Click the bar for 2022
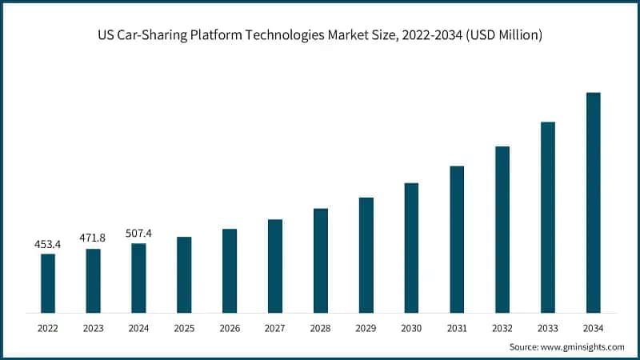tap(48, 283)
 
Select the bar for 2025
tap(184, 274)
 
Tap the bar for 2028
tap(321, 260)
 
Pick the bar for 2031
tap(457, 239)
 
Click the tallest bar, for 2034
tap(593, 202)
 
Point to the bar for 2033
tap(548, 217)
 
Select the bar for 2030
tap(411, 247)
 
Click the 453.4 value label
tap(48, 243)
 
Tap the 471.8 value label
tap(94, 238)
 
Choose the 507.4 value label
tap(138, 233)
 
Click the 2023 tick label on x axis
tap(94, 327)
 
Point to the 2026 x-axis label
tap(230, 327)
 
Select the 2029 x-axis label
tap(366, 327)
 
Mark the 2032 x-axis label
tap(502, 327)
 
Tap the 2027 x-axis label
tap(275, 327)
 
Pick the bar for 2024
tap(138, 278)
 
